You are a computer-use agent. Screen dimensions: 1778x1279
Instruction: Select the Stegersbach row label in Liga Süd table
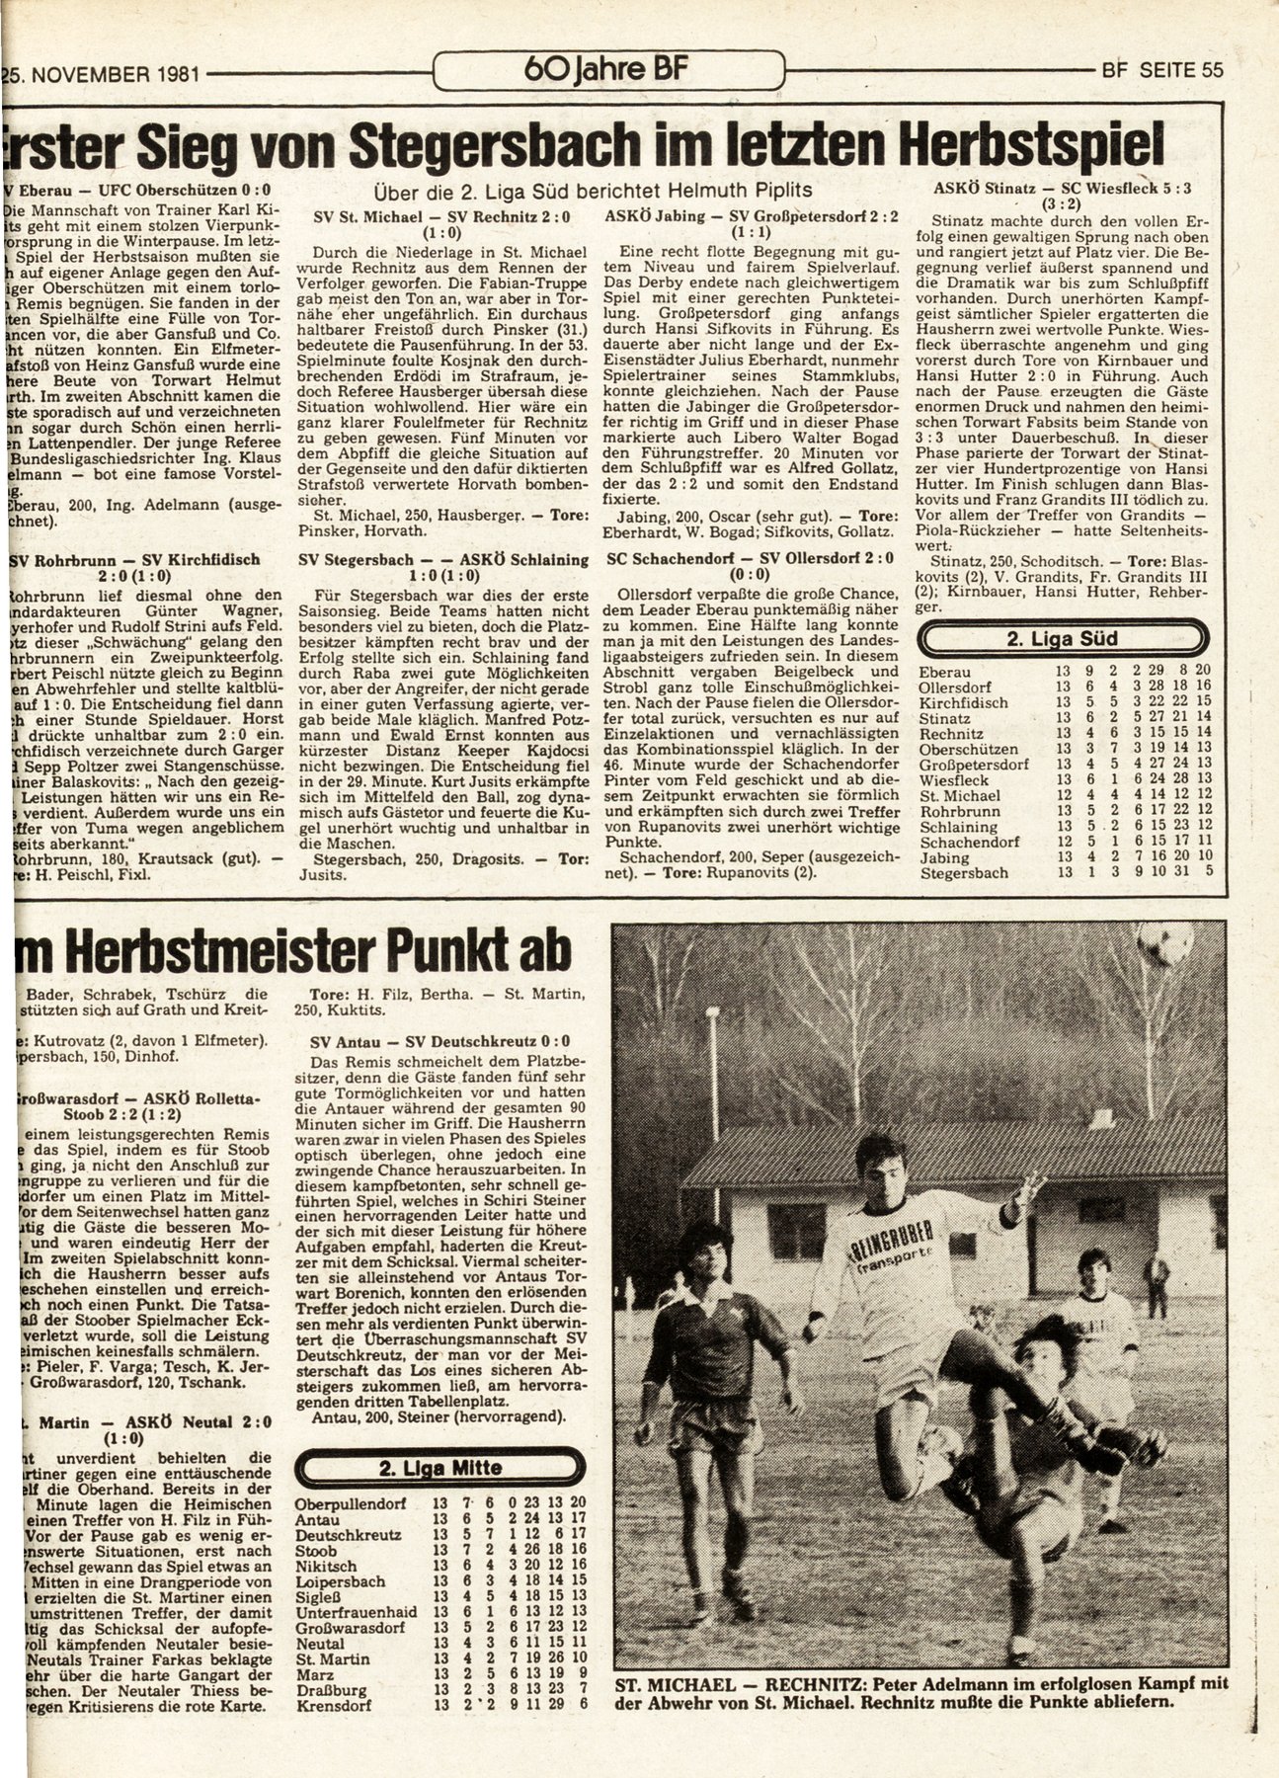pyautogui.click(x=963, y=873)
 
